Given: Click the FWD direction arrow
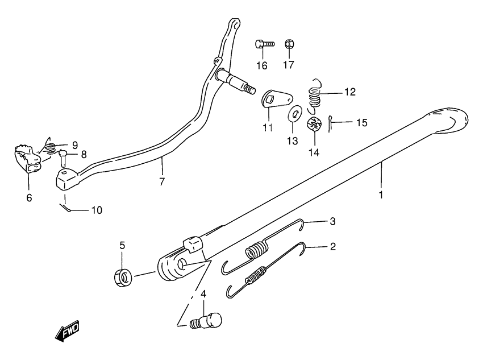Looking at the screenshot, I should tap(66, 331).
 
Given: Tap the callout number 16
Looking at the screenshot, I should tap(261, 65).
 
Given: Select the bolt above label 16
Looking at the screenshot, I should tap(264, 43).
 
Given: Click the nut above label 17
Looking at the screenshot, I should tap(289, 44).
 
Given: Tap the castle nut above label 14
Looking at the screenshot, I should tap(315, 124).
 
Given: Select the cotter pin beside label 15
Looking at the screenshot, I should tap(332, 122).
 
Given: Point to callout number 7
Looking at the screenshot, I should tap(162, 182).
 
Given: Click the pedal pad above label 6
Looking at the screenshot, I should tap(26, 159).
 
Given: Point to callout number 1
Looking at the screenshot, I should tap(381, 194).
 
